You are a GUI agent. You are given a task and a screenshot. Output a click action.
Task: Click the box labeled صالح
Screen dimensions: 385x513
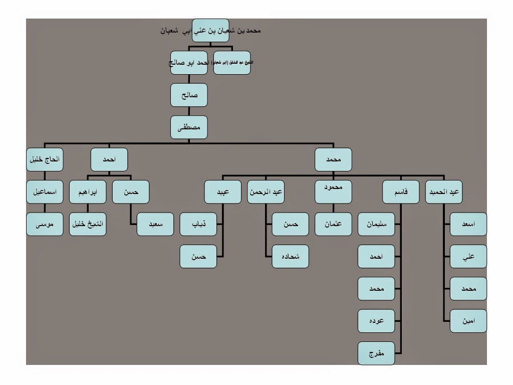(189, 95)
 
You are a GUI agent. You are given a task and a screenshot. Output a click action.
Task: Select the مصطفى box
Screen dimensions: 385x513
(189, 127)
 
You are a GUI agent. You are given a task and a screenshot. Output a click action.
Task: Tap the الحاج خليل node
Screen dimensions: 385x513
(45, 159)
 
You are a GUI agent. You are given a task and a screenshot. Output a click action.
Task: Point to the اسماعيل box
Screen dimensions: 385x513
(45, 191)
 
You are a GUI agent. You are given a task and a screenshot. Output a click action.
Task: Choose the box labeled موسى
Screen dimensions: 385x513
(45, 224)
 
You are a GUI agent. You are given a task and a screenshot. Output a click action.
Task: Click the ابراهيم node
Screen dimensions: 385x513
(88, 191)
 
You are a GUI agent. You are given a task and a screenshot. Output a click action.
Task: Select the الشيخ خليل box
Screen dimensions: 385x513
(88, 224)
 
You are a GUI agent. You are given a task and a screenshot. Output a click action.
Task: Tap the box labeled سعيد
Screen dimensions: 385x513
(155, 224)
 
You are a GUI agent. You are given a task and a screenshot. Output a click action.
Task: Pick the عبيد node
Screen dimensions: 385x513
(222, 191)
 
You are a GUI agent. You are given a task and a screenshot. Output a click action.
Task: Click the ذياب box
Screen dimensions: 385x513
(198, 224)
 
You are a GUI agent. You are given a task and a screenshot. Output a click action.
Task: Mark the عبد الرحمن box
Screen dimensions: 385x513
(266, 191)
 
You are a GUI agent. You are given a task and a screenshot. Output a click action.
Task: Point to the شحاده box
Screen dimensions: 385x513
(291, 256)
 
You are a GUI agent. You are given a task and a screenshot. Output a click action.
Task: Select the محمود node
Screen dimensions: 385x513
(333, 191)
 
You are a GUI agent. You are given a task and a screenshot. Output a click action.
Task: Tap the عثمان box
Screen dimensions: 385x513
(333, 224)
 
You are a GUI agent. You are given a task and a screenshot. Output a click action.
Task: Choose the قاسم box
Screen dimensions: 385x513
(401, 191)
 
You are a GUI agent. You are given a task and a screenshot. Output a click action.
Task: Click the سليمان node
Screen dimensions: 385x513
(376, 224)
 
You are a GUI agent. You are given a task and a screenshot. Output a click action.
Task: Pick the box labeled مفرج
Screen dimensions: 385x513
(376, 353)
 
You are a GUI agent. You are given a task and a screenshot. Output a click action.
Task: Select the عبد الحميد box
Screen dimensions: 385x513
(444, 191)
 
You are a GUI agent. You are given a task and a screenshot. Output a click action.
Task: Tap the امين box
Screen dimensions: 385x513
(468, 321)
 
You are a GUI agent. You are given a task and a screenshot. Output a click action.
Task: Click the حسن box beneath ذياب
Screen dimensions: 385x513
(198, 256)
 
